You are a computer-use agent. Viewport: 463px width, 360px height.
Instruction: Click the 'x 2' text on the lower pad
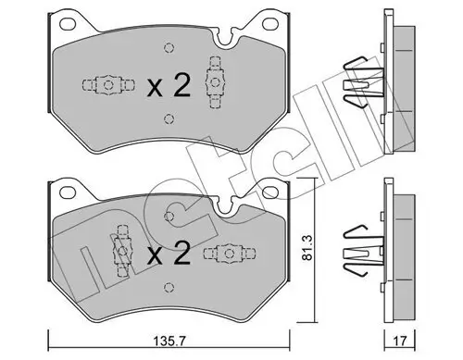tap(169, 252)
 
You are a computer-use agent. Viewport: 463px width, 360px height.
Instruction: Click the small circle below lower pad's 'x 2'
tap(168, 284)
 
